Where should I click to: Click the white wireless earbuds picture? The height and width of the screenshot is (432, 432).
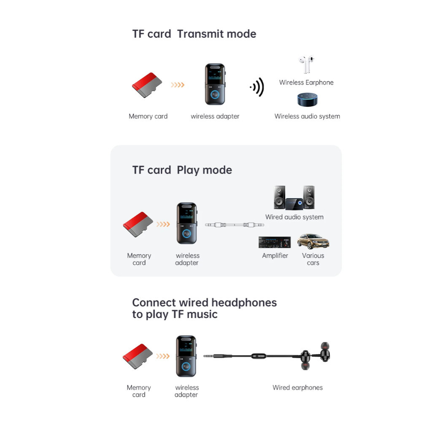[x=306, y=65]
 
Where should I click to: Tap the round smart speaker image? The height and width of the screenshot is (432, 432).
[x=308, y=100]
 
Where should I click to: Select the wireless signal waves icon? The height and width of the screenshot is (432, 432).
[x=257, y=87]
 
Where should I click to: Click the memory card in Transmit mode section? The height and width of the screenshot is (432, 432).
[x=147, y=85]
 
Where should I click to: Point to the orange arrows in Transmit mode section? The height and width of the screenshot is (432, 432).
[x=178, y=85]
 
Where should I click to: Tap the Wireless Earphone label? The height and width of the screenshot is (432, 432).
[x=306, y=82]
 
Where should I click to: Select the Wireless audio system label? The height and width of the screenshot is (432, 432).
[x=307, y=116]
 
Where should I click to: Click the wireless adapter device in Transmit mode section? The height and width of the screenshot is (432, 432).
[x=215, y=84]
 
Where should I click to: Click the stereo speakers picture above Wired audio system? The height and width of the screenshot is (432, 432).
[x=294, y=198]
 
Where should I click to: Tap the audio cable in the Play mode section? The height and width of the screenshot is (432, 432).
[x=235, y=225]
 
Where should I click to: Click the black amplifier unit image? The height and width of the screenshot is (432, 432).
[x=275, y=242]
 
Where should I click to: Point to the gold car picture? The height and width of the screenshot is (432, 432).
[x=313, y=241]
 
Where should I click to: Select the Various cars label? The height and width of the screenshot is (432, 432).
[x=313, y=259]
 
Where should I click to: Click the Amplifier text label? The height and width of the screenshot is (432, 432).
[x=275, y=256]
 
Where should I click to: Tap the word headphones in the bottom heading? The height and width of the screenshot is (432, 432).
[x=244, y=303]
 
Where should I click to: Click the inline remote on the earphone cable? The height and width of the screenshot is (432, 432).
[x=259, y=356]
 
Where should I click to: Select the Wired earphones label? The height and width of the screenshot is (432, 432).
[x=297, y=388]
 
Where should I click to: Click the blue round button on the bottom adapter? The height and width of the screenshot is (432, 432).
[x=186, y=367]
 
